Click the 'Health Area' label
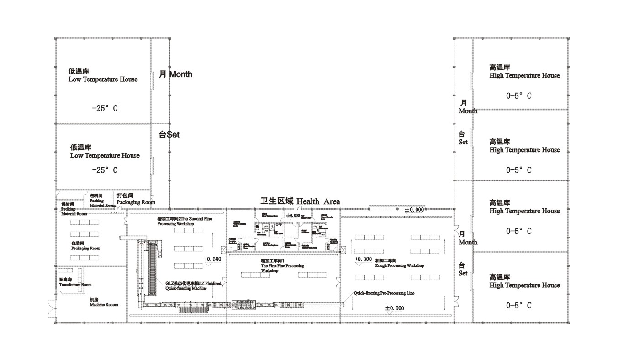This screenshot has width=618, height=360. [300, 201]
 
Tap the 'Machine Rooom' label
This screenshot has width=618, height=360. [104, 304]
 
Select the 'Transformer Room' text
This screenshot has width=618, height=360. [75, 284]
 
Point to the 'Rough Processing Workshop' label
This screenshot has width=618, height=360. [399, 265]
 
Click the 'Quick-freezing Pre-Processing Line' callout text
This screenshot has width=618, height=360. [384, 293]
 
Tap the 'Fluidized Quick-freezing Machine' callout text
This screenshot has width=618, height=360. [193, 286]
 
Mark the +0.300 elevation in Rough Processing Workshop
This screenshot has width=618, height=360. [363, 259]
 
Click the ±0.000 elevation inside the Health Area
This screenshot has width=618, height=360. [293, 215]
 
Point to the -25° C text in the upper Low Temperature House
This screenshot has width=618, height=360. [105, 109]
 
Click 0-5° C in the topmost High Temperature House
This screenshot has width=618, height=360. [518, 96]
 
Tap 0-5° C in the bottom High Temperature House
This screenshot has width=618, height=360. [518, 306]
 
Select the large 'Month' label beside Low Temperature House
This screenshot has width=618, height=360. [175, 74]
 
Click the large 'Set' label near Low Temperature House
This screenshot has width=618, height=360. [169, 135]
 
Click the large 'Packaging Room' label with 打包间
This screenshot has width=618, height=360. [136, 199]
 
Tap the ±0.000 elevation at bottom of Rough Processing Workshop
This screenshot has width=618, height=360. [394, 308]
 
